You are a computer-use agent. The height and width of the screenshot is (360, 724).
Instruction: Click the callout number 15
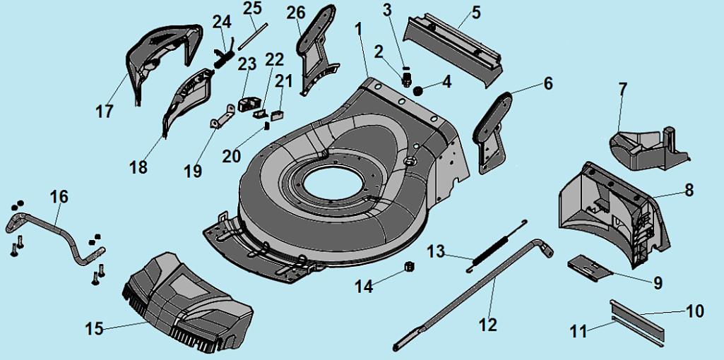tap(94, 329)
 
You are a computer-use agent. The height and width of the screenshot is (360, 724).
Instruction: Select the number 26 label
tap(297, 12)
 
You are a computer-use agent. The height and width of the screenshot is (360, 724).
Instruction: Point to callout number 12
tap(487, 324)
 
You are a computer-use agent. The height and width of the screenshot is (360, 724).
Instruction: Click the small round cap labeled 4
tap(418, 90)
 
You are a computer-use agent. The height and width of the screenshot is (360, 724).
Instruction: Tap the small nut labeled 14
tap(408, 267)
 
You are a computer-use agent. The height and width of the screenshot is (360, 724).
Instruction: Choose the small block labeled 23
tap(248, 103)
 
